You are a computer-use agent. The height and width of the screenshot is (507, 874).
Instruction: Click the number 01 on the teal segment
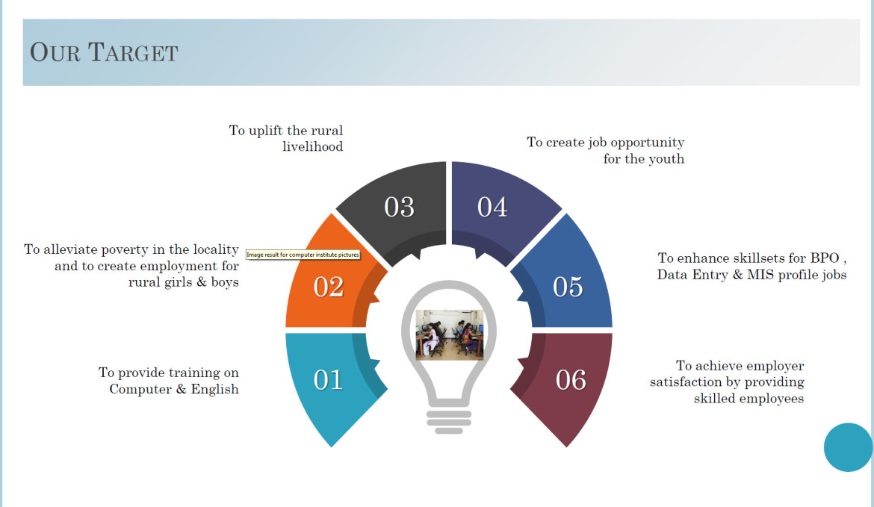(328, 380)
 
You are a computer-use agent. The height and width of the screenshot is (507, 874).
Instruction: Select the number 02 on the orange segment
(328, 287)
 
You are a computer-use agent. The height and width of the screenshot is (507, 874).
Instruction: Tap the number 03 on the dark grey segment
(399, 208)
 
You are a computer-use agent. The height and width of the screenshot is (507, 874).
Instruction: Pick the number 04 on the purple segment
(492, 208)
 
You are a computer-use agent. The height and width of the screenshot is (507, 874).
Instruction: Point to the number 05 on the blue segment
(568, 287)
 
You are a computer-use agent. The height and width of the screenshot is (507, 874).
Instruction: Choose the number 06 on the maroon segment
(571, 380)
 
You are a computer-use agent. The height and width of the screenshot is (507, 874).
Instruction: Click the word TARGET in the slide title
(133, 52)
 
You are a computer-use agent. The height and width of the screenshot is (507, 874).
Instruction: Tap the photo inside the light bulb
(450, 335)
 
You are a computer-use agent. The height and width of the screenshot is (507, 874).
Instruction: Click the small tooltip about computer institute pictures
(303, 255)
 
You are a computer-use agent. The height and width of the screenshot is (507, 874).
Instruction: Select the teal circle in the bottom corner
(849, 447)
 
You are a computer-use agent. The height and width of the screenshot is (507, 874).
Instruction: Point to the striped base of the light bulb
(449, 422)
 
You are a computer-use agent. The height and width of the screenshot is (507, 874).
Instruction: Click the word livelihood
(313, 146)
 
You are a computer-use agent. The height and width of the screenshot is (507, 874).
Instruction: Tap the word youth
(666, 159)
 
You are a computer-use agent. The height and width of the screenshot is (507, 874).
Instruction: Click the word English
(214, 390)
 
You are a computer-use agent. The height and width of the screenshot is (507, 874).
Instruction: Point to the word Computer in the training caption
(140, 390)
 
